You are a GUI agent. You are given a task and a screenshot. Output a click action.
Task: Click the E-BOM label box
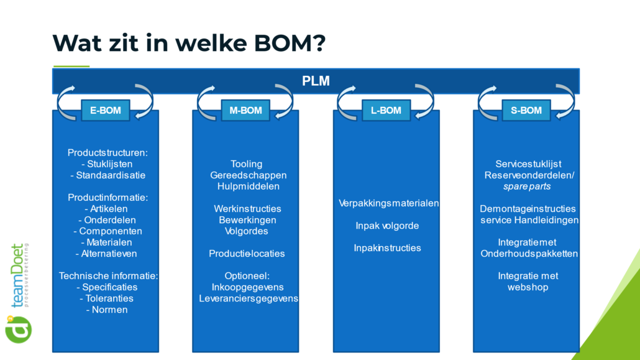[x=105, y=110]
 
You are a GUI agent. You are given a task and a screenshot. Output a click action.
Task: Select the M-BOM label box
[x=245, y=110]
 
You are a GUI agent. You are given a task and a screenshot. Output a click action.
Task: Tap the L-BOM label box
[x=386, y=110]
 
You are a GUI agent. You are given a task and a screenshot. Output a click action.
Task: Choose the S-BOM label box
[x=526, y=110]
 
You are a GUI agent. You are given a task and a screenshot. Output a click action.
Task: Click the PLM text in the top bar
[x=316, y=81]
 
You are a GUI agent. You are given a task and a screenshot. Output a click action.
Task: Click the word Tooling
[x=246, y=164]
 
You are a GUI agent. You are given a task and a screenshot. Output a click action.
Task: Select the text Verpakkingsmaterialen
[x=388, y=203]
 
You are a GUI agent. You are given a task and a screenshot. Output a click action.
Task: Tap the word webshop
[x=528, y=287]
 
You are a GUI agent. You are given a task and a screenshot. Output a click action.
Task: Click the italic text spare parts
[x=527, y=187]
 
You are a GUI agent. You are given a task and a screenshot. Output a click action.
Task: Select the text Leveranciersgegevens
[x=249, y=298]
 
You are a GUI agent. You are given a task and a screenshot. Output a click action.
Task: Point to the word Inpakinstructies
[x=387, y=248]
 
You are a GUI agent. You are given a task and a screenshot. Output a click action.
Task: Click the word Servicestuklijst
[x=528, y=164]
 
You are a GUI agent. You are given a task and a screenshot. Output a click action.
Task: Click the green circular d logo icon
[x=19, y=330]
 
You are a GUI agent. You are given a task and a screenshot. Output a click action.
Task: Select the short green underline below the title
[x=71, y=66]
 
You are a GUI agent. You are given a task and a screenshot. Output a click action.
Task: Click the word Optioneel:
[x=247, y=276]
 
